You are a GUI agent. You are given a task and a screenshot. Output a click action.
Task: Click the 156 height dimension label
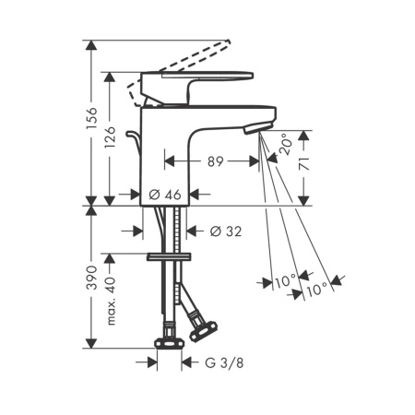pyautogui.click(x=91, y=119)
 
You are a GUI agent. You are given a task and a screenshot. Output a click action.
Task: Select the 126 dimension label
pyautogui.click(x=110, y=136)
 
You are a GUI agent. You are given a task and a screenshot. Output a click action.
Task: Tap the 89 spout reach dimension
pyautogui.click(x=215, y=161)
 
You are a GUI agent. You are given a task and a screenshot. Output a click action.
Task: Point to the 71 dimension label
pyautogui.click(x=303, y=163)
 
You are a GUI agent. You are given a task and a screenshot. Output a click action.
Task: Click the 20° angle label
pyautogui.click(x=284, y=144)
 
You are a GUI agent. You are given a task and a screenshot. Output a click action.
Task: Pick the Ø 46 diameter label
pyautogui.click(x=165, y=195)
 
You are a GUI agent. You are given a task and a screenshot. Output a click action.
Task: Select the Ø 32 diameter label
pyautogui.click(x=226, y=231)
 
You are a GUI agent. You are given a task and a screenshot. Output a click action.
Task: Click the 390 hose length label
pyautogui.click(x=91, y=278)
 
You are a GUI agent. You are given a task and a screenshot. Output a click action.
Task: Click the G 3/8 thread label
pyautogui.click(x=224, y=363)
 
